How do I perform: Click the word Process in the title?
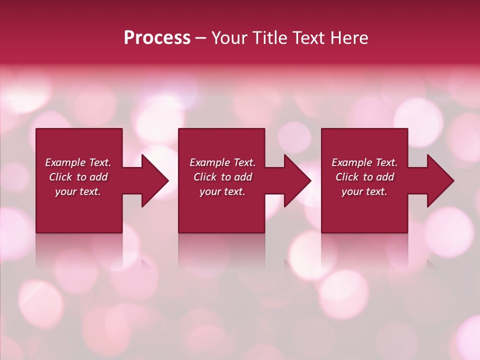coord(157,38)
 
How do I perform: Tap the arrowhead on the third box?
coord(439,180)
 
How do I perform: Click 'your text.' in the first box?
coord(78,191)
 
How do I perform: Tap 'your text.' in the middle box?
coord(222,191)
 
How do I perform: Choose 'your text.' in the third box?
coord(364,191)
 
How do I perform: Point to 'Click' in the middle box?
coord(205,177)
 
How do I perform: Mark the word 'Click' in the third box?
coord(347,177)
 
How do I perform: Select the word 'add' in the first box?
coord(98,177)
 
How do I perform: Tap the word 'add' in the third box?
coord(385,177)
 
